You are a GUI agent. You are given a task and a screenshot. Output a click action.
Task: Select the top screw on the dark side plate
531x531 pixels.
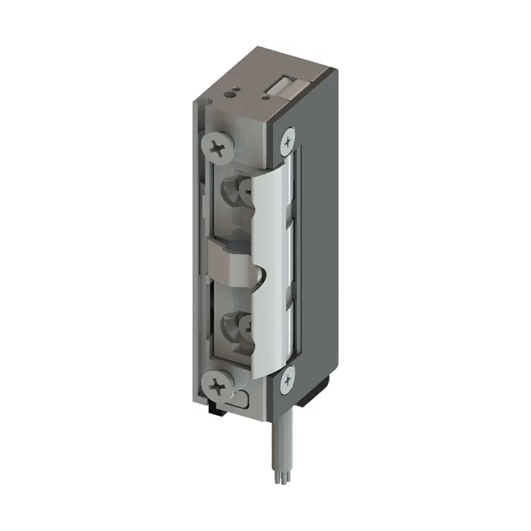287,141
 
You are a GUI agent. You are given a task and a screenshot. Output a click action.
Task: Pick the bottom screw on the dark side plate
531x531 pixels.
286,379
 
